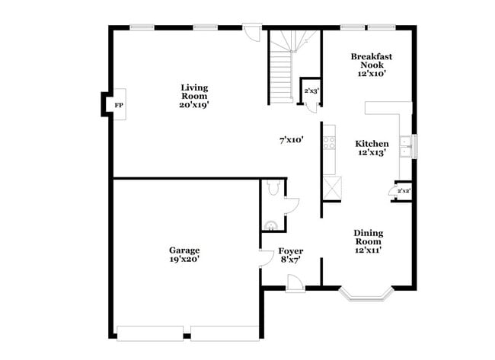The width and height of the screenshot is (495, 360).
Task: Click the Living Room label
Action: [x=194, y=97]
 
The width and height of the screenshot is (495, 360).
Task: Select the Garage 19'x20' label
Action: [x=184, y=254]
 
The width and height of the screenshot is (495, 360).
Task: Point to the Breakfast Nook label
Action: [x=371, y=65]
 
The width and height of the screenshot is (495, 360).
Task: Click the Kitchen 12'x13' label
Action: [x=372, y=148]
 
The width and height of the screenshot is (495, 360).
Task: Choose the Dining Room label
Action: [x=368, y=241]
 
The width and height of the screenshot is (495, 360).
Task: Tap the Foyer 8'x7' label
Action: [x=290, y=255]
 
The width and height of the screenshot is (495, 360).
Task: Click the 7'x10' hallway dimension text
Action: [x=292, y=140]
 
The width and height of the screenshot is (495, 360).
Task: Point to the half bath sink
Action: [x=271, y=223]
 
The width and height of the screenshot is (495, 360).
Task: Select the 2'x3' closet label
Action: [x=311, y=91]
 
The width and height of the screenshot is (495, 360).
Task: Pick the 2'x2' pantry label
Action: [x=404, y=190]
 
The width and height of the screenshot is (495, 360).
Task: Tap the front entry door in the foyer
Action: [x=295, y=283]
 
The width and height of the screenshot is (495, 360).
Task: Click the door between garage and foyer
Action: [x=267, y=257]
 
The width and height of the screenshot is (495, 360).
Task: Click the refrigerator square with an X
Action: [x=332, y=187]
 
